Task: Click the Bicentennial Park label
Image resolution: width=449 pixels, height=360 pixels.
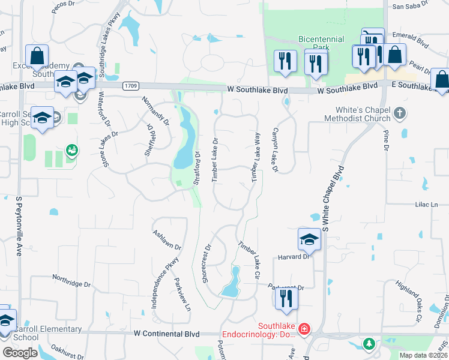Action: click(321, 43)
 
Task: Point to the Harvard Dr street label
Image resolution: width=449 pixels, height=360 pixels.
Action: click(292, 257)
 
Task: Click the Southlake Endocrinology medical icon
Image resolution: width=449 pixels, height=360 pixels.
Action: click(304, 329)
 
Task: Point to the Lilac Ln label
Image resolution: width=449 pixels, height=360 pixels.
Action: click(423, 205)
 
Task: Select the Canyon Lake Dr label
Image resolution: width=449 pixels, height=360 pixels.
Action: click(276, 150)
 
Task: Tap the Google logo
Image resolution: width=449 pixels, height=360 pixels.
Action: click(20, 353)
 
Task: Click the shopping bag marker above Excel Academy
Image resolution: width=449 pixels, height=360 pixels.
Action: click(37, 55)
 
